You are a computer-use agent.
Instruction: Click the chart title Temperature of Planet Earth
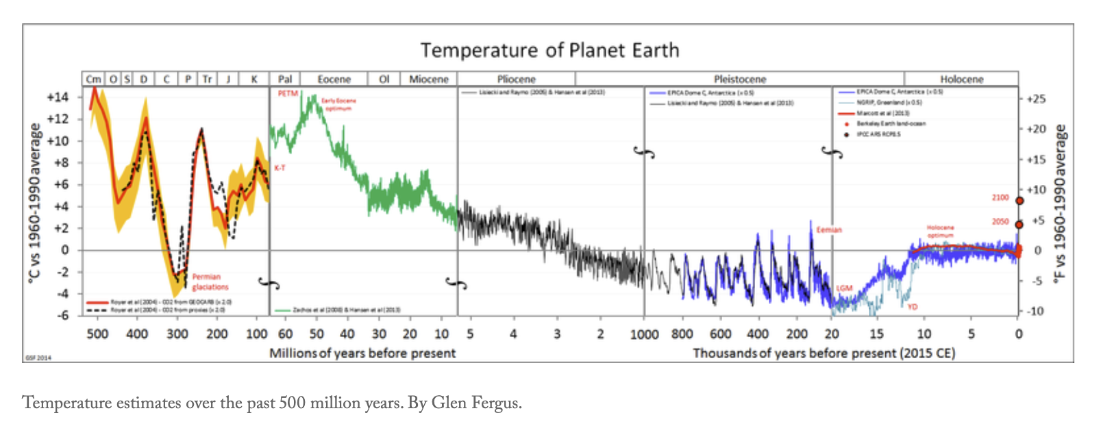(x=549, y=51)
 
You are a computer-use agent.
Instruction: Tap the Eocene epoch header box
(x=334, y=79)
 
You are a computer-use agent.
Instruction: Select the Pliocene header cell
(x=516, y=79)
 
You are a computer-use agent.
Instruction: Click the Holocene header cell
(x=961, y=79)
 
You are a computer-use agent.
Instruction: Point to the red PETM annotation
(x=288, y=93)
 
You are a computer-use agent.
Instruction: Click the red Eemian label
(x=828, y=229)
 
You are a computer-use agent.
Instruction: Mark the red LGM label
(x=844, y=288)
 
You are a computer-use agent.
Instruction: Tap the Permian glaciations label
(x=210, y=282)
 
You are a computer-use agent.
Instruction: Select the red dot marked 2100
(x=1019, y=201)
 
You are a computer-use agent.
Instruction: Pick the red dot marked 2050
(x=1019, y=225)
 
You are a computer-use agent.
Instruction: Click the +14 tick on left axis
(x=58, y=97)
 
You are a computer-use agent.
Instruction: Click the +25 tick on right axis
(x=1036, y=99)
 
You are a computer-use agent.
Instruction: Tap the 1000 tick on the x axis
(x=644, y=334)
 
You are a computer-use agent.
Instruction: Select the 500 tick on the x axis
(x=97, y=334)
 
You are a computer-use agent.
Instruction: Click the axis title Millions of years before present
(x=362, y=353)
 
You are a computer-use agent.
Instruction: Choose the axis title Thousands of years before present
(x=824, y=353)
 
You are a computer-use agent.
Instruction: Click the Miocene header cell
(x=428, y=79)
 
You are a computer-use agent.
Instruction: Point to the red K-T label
(x=280, y=168)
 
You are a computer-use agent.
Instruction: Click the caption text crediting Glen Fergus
(x=271, y=403)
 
